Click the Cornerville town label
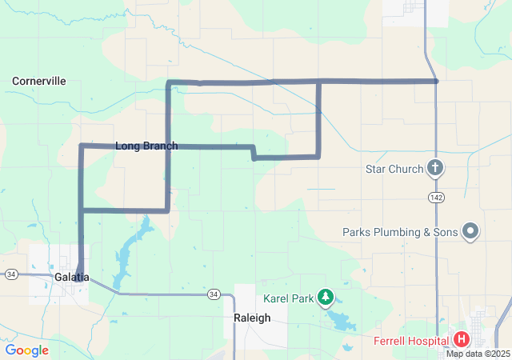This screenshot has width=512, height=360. click(x=39, y=81)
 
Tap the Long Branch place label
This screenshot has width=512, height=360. click(x=146, y=146)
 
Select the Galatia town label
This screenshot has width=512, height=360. click(x=72, y=277)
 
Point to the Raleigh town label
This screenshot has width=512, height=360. click(x=252, y=318)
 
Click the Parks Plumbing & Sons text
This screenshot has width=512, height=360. click(x=400, y=232)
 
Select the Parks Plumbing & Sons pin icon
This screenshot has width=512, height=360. click(x=470, y=232)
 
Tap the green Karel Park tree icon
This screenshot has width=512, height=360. click(x=326, y=298)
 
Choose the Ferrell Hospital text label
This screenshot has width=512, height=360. click(x=409, y=341)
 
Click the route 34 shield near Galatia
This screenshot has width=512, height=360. click(x=11, y=274)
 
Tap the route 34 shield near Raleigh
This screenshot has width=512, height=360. click(x=213, y=294)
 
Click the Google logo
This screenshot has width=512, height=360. click(x=26, y=350)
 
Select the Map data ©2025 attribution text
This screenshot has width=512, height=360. click(x=478, y=354)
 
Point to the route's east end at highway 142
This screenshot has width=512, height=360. click(x=436, y=81)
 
